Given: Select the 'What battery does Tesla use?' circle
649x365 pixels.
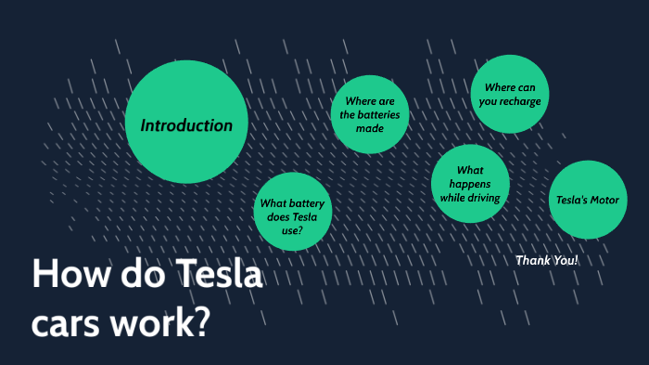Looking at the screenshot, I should [293, 212].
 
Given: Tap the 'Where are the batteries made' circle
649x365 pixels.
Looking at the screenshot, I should [370, 114].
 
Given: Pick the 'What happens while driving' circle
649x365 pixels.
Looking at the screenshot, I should [470, 183].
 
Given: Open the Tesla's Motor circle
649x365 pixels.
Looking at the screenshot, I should [587, 200].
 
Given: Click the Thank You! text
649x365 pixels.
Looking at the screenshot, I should [546, 260].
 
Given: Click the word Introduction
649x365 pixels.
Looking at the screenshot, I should [186, 125].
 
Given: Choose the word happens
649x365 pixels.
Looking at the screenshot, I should [470, 184].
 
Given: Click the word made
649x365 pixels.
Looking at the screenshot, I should [370, 128].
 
